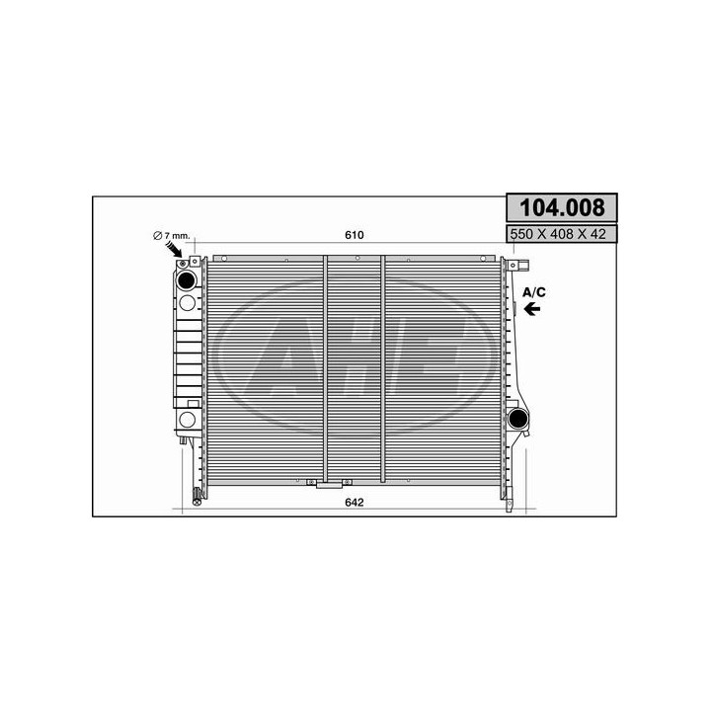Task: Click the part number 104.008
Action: (x=561, y=208)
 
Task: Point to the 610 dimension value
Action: (x=355, y=235)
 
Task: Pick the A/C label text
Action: (x=534, y=291)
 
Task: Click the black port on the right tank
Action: (x=517, y=419)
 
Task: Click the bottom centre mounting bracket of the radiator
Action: (x=328, y=483)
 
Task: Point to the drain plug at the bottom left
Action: (x=197, y=497)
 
